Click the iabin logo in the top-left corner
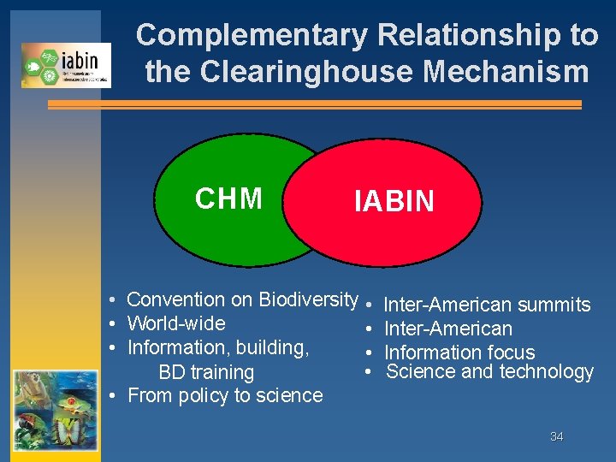click(x=66, y=65)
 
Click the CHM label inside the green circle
click(x=228, y=198)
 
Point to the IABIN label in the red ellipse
click(x=394, y=202)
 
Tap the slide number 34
click(x=556, y=437)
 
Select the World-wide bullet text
click(x=175, y=323)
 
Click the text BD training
click(x=206, y=372)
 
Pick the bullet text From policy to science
click(x=225, y=395)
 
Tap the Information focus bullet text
click(x=459, y=352)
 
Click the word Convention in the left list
click(x=178, y=299)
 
